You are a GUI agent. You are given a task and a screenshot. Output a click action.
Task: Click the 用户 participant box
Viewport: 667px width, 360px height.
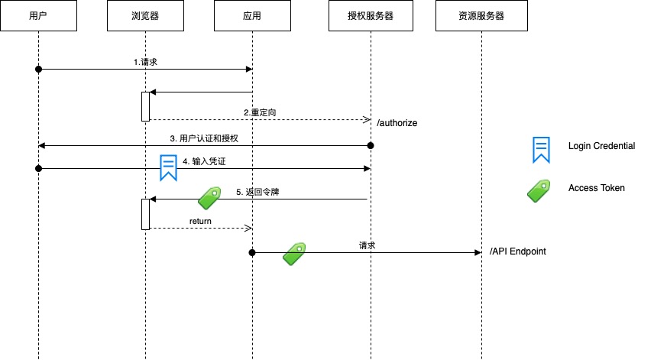click(38, 16)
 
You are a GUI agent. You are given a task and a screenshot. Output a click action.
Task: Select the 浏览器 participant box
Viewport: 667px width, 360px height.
click(145, 16)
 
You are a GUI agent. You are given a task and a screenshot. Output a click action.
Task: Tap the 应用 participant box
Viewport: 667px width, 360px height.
click(252, 16)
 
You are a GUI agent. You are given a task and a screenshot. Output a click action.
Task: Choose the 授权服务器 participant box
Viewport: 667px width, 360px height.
click(371, 16)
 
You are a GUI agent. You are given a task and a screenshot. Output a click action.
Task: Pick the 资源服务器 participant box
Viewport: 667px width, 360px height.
click(481, 16)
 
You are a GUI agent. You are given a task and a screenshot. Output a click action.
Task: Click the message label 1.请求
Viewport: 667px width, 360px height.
click(145, 62)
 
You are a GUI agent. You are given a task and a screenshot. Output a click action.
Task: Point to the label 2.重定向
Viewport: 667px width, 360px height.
click(260, 112)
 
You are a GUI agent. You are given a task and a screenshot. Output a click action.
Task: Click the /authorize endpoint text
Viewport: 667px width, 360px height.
click(397, 122)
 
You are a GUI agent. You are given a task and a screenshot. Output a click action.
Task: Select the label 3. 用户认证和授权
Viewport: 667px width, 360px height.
click(204, 138)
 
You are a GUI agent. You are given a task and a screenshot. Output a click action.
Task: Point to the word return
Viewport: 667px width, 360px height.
click(200, 221)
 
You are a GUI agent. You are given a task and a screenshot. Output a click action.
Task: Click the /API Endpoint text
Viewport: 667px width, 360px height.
click(518, 251)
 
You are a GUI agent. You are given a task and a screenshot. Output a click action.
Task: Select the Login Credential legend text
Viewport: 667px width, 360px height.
click(601, 146)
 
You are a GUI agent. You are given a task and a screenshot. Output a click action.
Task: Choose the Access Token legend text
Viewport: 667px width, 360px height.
click(596, 188)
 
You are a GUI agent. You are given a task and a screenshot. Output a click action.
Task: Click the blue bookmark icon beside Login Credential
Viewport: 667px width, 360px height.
click(541, 149)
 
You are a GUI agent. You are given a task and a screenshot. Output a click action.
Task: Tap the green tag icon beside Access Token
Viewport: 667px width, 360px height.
click(539, 190)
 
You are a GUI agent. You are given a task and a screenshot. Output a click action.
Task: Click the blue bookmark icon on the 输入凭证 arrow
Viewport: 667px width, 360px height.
click(168, 167)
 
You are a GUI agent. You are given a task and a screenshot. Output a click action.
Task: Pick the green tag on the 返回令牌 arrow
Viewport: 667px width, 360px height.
click(209, 198)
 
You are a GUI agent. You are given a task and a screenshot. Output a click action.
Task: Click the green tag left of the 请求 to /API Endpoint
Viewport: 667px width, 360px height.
click(294, 254)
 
